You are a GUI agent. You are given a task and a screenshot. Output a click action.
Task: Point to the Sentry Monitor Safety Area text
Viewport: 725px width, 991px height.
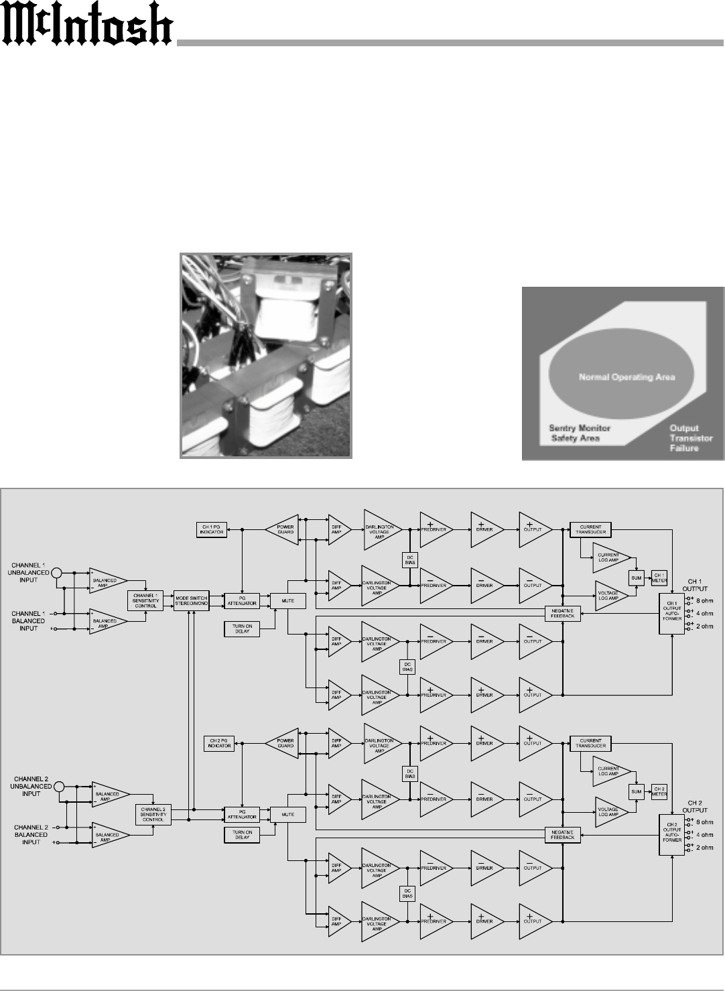(580, 433)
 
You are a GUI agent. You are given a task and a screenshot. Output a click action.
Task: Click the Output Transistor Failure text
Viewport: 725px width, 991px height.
(683, 438)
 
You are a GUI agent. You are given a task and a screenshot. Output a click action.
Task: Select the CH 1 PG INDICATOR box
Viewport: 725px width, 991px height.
(211, 529)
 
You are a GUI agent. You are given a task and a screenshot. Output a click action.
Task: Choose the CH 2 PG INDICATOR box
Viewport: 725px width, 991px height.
(218, 743)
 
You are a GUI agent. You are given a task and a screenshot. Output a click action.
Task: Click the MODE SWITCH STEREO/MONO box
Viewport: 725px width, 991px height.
(192, 600)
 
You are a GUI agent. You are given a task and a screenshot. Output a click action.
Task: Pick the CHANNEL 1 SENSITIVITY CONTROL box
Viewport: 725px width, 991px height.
(145, 600)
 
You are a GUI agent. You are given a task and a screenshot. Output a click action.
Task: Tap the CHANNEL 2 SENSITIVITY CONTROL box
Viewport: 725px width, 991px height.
(153, 814)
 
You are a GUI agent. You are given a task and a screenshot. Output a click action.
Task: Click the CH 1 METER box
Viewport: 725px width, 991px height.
(659, 578)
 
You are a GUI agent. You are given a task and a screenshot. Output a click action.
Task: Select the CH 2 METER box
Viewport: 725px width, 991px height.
(659, 791)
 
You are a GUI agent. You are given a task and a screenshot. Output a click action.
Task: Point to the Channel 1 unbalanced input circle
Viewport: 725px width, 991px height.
(57, 573)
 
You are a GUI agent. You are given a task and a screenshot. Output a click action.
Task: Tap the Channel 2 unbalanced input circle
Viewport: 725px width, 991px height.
(60, 787)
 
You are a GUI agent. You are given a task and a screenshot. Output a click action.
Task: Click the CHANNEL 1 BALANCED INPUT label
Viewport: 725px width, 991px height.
(28, 620)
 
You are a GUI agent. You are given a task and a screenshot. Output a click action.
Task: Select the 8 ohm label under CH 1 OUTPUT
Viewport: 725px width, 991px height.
(704, 600)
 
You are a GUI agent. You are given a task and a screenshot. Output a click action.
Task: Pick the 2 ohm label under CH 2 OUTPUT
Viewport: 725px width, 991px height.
(704, 848)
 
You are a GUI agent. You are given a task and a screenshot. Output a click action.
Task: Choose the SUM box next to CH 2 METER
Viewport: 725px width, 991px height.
(636, 791)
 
